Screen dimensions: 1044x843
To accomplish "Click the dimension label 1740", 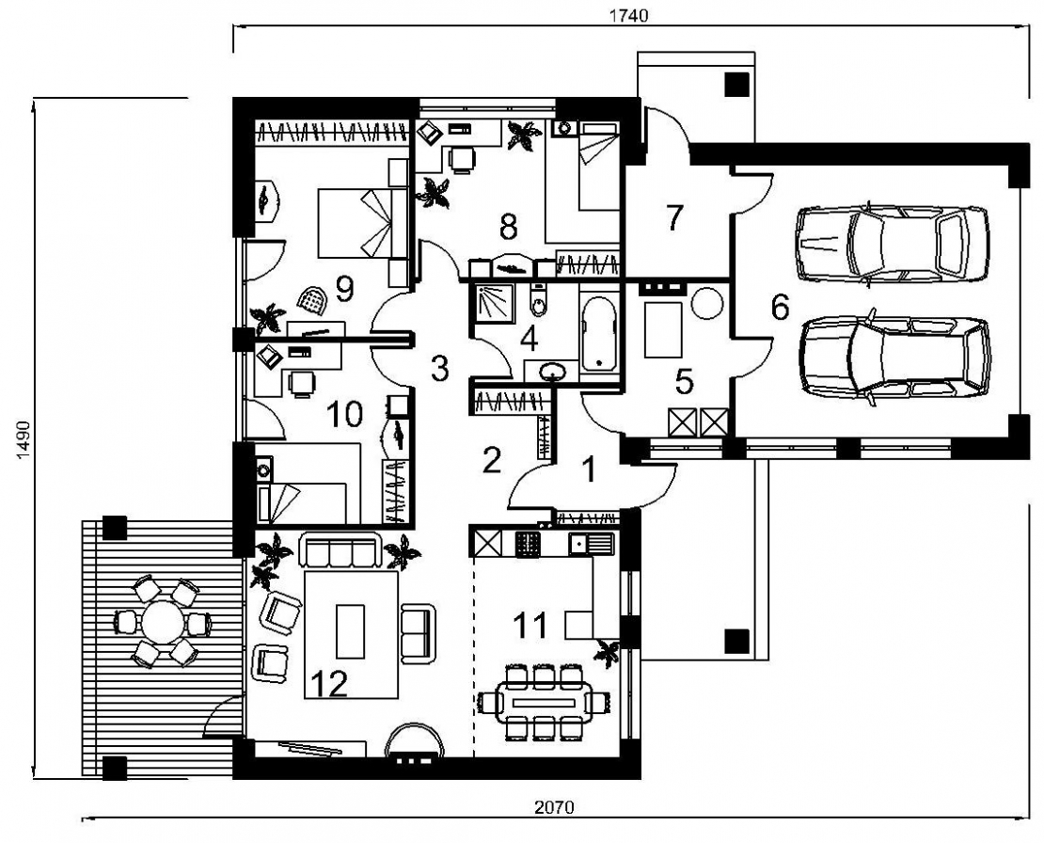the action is pos(628,16).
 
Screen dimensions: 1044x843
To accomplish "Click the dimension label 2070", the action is pos(554,807).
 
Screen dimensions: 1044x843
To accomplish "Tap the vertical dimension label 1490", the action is pos(24,439).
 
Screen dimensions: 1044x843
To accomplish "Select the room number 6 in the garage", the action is pos(780,307).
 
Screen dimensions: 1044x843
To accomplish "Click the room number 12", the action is pos(329,683).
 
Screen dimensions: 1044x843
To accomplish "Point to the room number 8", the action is pos(508,227).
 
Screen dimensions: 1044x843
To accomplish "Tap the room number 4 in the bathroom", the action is pos(529,339).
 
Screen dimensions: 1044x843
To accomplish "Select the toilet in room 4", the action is pos(538,303).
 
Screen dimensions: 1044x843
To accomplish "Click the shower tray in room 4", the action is pos(494,303).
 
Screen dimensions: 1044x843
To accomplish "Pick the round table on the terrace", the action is pos(161,623).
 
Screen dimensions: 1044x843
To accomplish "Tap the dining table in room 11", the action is pos(545,703).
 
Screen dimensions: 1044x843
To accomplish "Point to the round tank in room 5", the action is pos(707,304).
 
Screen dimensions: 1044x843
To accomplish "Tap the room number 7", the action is pos(673,217).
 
